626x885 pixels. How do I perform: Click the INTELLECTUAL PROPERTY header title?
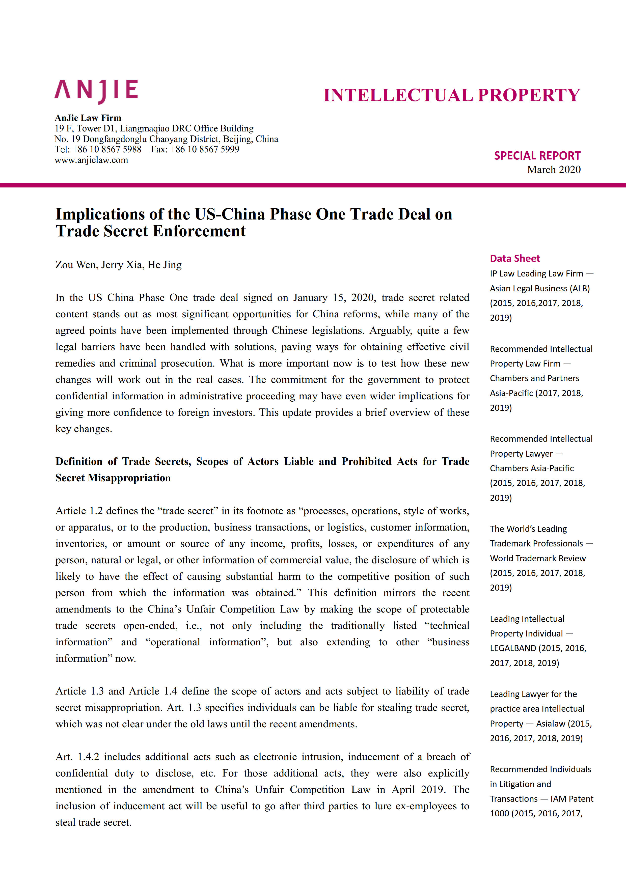[x=451, y=95]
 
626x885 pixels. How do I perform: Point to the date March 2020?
[x=554, y=170]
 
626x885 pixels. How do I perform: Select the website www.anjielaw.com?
[x=91, y=160]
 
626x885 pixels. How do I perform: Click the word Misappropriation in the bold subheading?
[x=129, y=478]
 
